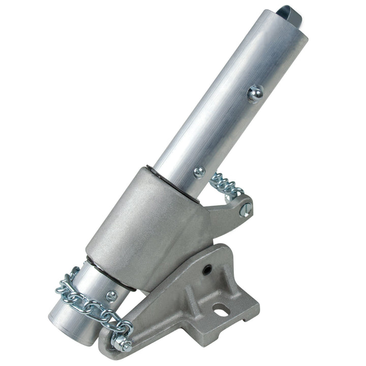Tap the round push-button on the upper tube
(255, 94)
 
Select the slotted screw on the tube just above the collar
(199, 172)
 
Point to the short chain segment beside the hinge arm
(226, 185)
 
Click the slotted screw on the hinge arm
(245, 209)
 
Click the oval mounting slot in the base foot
(221, 309)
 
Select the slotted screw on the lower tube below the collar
(111, 294)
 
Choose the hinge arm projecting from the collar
(229, 208)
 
